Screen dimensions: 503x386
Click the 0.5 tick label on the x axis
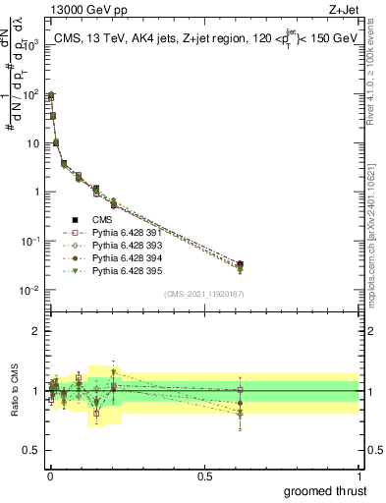pos(205,475)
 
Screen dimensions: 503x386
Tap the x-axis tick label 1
pos(360,475)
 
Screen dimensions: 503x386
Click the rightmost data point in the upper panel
pos(241,265)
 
